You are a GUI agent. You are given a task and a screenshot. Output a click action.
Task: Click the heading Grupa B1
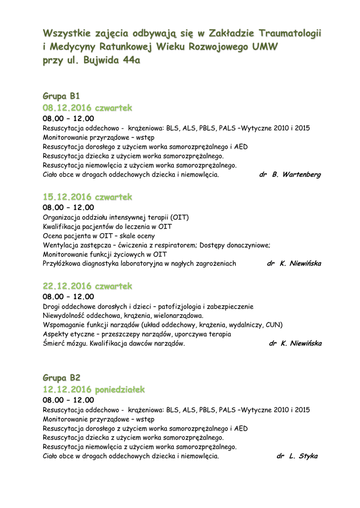click(61, 96)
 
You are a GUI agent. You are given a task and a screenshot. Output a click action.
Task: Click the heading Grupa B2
click(62, 377)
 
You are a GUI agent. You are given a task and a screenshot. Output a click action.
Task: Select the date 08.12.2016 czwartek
click(87, 108)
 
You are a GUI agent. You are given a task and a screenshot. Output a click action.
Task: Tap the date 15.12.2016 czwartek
click(87, 197)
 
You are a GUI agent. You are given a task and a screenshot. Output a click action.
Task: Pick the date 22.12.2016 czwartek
click(87, 286)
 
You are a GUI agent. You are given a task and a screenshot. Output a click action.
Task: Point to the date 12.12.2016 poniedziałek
click(94, 389)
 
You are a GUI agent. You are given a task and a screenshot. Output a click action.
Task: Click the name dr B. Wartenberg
click(290, 175)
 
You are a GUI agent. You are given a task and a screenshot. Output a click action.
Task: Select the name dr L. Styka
click(297, 456)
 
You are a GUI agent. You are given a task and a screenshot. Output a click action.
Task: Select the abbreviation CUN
click(274, 325)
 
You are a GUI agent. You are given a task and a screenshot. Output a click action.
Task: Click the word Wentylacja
click(60, 245)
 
